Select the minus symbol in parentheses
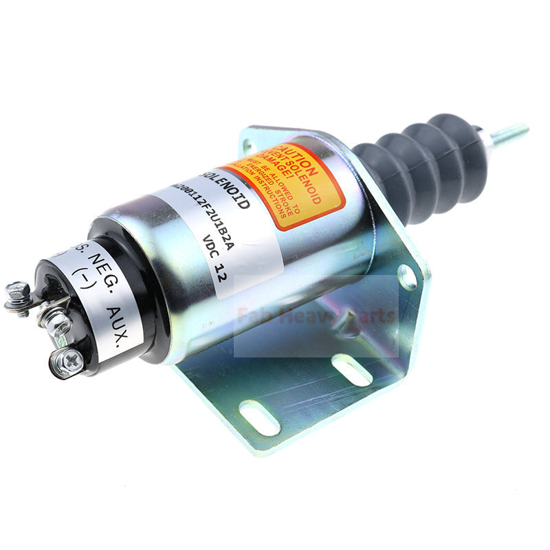(82, 280)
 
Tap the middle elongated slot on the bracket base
(351, 369)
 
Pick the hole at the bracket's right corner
(408, 276)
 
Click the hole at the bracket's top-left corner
(248, 146)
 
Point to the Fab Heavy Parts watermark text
(316, 316)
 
